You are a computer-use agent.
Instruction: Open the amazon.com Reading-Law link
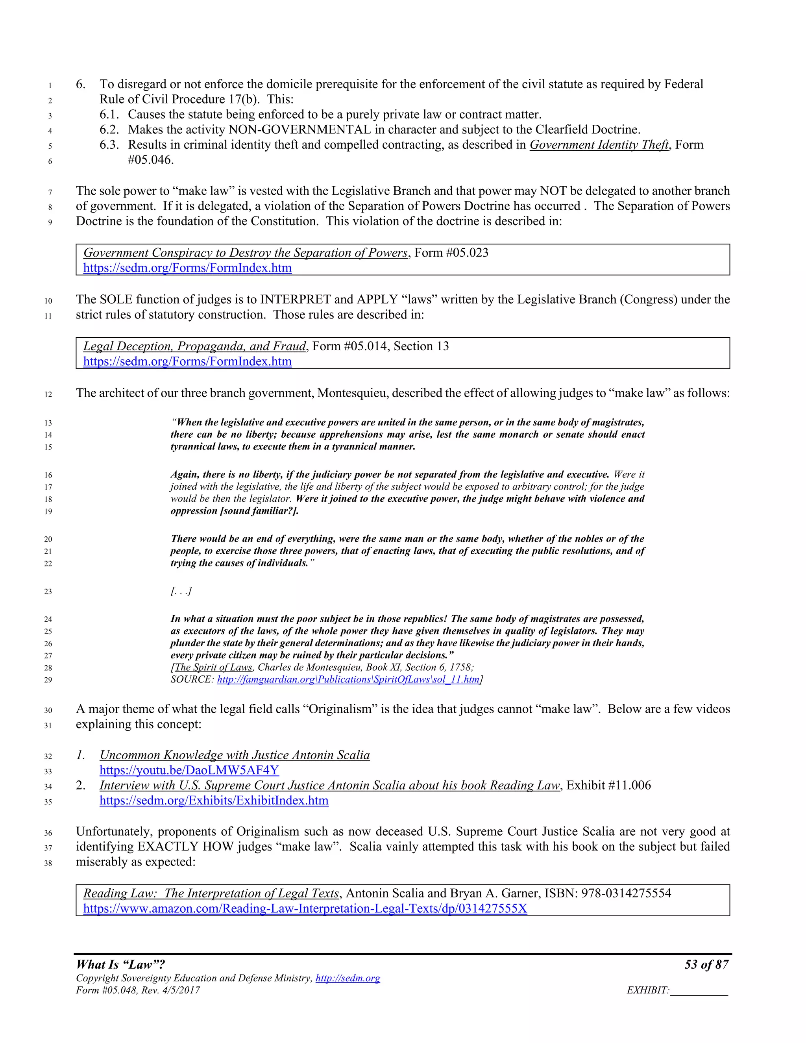point(305,908)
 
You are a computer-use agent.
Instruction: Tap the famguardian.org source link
point(348,680)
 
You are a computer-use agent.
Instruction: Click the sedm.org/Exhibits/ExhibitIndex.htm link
point(214,801)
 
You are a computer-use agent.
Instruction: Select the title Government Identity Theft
point(599,145)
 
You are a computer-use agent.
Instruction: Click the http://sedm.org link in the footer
point(348,978)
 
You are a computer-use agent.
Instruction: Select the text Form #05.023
point(451,253)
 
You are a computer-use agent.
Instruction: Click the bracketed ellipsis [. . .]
point(181,592)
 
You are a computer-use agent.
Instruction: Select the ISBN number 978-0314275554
point(626,893)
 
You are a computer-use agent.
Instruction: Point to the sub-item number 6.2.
point(109,129)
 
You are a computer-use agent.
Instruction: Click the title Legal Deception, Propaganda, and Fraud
point(194,346)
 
